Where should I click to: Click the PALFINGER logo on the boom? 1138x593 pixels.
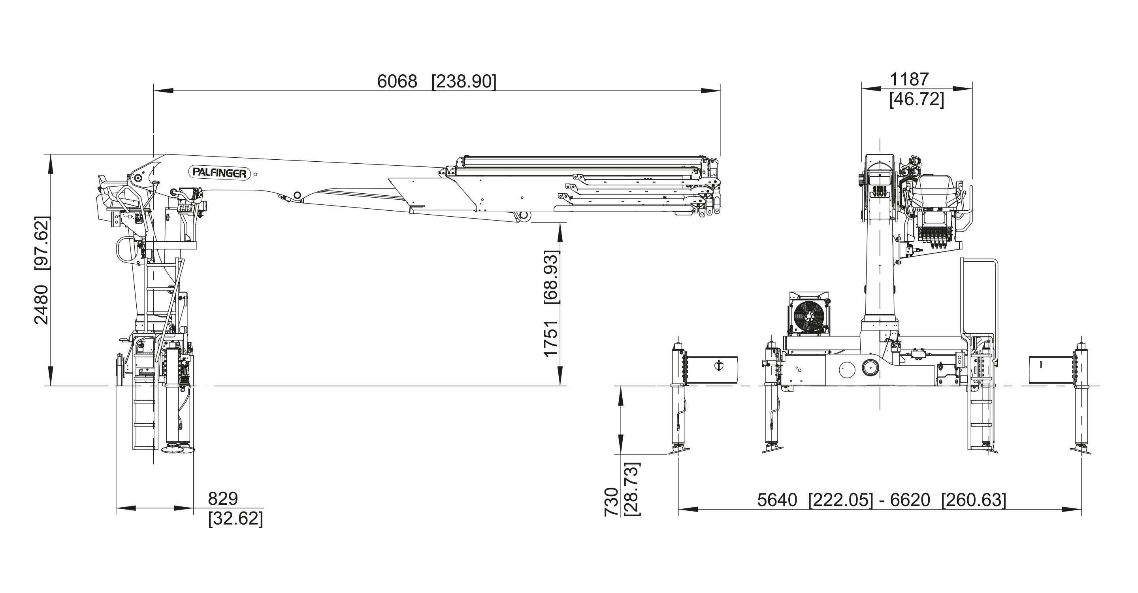point(220,173)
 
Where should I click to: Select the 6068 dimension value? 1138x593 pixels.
point(397,82)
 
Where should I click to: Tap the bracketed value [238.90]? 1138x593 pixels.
point(464,82)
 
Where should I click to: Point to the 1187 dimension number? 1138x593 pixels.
point(909,79)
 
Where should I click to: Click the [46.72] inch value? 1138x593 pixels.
point(917,99)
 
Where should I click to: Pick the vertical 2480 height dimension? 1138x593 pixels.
point(41,305)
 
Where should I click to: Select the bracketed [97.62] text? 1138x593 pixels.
point(42,243)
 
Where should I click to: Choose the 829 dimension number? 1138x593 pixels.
point(223,499)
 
